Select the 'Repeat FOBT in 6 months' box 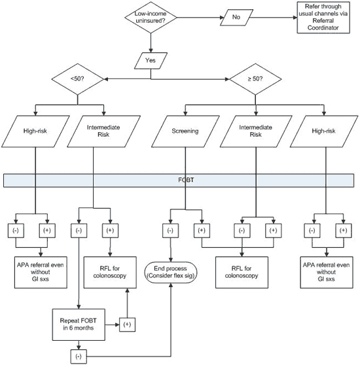click(79, 323)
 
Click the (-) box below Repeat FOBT click(79, 356)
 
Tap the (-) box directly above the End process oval click(170, 230)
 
